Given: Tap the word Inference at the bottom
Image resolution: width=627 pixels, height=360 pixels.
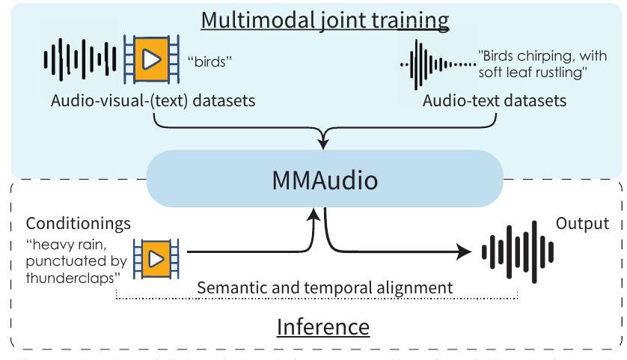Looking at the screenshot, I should click(323, 326).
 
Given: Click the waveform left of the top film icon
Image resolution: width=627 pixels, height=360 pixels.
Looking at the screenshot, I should click(82, 59).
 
